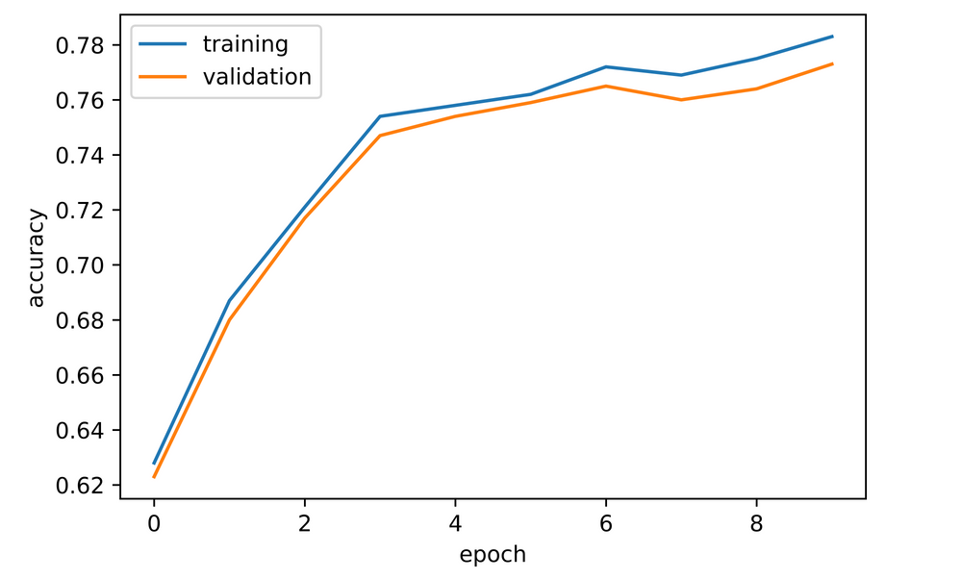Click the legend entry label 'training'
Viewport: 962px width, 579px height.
point(244,44)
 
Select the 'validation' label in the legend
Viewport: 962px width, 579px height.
point(257,77)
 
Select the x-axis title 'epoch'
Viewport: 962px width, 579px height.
point(493,554)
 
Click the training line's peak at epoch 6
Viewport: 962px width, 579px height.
point(606,66)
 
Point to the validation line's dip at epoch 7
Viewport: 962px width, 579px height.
point(681,100)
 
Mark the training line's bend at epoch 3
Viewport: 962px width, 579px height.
point(380,116)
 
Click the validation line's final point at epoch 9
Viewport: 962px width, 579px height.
point(832,63)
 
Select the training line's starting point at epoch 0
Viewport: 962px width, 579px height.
point(154,464)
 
